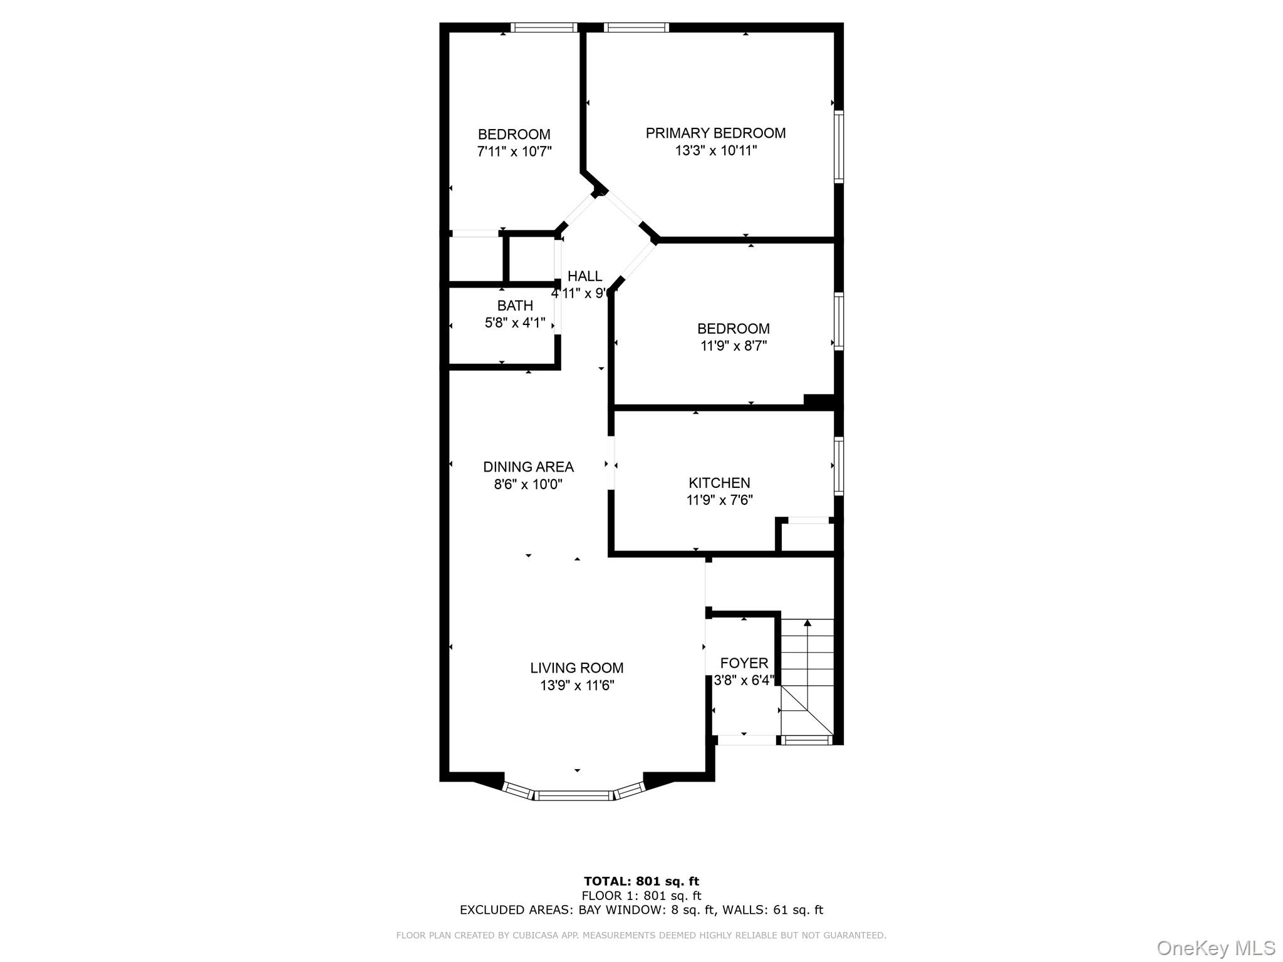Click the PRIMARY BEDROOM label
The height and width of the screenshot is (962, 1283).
715,133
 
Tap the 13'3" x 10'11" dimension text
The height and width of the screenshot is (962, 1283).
715,150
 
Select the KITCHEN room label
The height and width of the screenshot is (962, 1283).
719,483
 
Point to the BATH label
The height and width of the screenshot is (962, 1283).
515,306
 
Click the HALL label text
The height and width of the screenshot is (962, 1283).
584,276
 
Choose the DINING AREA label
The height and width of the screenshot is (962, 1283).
528,467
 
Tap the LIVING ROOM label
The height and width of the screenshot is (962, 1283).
576,668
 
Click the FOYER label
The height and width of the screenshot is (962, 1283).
744,663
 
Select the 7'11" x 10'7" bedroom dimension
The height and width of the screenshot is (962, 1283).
514,152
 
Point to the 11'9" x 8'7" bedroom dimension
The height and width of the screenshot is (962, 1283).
733,346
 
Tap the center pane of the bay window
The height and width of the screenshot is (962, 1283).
573,795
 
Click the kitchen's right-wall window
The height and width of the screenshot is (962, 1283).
838,466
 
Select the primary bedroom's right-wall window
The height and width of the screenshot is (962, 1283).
839,147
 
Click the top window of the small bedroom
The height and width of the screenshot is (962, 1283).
543,28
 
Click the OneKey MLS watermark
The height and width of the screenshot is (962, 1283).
1215,948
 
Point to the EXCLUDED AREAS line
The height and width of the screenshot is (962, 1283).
641,910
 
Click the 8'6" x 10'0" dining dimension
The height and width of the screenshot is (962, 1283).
528,484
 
